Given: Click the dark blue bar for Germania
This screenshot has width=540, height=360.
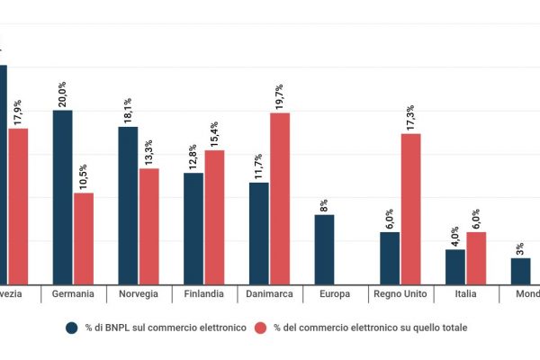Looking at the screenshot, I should pos(63,196).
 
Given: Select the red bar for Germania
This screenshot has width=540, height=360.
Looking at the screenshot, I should pos(84,238).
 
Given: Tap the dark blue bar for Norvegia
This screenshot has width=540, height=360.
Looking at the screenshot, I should pos(129,204).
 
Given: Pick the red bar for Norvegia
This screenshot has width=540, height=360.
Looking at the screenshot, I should pos(148,225).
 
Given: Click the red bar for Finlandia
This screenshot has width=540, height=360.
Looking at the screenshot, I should pos(214,216).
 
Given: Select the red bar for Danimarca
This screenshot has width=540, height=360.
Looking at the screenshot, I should pos(280,197).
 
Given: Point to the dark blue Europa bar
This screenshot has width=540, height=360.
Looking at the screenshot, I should pos(324,248).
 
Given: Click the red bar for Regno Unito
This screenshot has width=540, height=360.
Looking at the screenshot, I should pos(410,208).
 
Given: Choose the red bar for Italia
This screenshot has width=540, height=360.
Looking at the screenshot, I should pos(476,257).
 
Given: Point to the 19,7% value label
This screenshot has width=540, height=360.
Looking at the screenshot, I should pos(280,97).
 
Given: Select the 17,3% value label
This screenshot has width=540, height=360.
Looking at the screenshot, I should pos(410,118).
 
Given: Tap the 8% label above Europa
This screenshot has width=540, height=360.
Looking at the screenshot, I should pos(324,204).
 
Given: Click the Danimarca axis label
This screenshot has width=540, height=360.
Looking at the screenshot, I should pos(270,294).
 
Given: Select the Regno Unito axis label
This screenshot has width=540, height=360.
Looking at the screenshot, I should pos(400,294).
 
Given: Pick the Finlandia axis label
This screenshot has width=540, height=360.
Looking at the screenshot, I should pos(204,294).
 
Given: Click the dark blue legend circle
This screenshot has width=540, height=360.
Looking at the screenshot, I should pos(71,328).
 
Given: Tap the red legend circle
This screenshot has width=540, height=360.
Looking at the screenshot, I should pos(261,328).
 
